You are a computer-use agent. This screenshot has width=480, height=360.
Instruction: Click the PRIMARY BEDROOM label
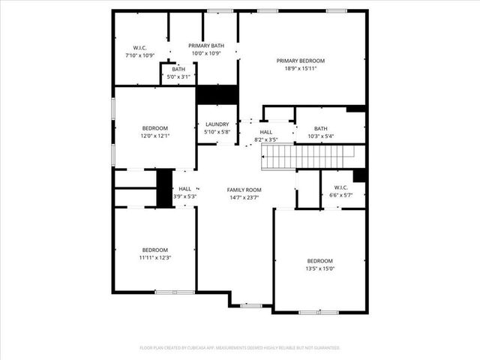pos(301,61)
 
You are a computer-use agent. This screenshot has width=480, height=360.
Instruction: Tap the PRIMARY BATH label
pos(206,46)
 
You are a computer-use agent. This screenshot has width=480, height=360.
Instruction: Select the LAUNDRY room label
pos(217,124)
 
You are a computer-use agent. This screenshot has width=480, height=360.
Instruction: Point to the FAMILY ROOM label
pos(244,190)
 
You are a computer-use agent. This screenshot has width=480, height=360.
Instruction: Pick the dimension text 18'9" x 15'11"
pos(301,69)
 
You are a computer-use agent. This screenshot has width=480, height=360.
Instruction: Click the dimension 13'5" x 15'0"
pos(319,268)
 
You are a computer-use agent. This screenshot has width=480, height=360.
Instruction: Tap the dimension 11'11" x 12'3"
pos(155,258)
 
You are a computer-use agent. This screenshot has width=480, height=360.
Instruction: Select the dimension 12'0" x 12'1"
pos(155,136)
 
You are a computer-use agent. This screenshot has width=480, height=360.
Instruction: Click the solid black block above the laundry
pos(217,95)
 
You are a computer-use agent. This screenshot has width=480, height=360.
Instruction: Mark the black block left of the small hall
pos(164,187)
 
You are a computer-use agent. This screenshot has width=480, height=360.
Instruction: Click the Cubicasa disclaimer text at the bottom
pos(240,348)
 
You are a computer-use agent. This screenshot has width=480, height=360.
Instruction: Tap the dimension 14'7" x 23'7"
pos(244,198)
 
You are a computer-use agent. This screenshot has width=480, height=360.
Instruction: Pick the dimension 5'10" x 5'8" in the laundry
pos(217,133)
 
